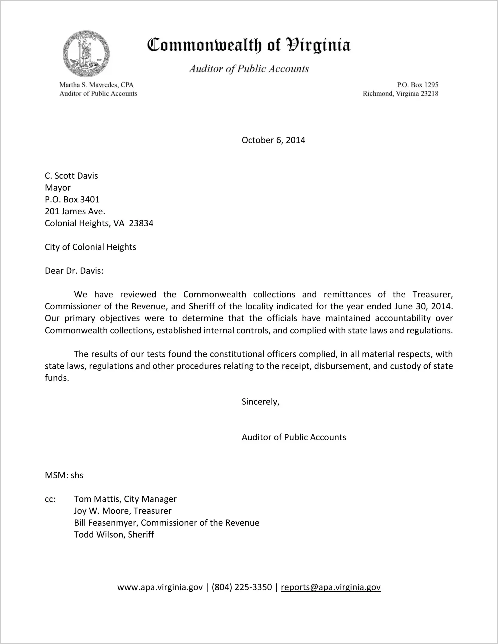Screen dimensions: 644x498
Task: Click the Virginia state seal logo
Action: pyautogui.click(x=86, y=54)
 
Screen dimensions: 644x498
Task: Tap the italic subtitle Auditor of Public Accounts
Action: pyautogui.click(x=249, y=69)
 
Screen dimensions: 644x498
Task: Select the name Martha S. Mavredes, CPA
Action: pyautogui.click(x=96, y=85)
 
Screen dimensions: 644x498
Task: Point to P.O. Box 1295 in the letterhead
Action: pyautogui.click(x=417, y=85)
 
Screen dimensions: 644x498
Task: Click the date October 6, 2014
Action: pyautogui.click(x=273, y=140)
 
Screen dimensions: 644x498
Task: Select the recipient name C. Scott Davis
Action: pyautogui.click(x=71, y=176)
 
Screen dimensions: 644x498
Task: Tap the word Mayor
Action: pyautogui.click(x=58, y=188)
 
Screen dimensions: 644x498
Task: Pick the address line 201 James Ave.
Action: pyautogui.click(x=75, y=211)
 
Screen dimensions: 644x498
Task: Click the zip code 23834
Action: pyautogui.click(x=141, y=223)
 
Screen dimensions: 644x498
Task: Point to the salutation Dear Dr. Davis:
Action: pyautogui.click(x=74, y=271)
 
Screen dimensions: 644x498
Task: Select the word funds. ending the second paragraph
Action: pyautogui.click(x=57, y=378)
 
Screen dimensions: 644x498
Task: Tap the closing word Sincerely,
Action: pyautogui.click(x=260, y=402)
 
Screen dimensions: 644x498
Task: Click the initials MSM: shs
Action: pyautogui.click(x=64, y=475)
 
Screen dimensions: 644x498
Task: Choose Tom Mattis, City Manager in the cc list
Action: pyautogui.click(x=125, y=499)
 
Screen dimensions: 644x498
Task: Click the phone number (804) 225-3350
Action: pyautogui.click(x=242, y=587)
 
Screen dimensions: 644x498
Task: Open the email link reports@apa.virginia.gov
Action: pyautogui.click(x=331, y=587)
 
